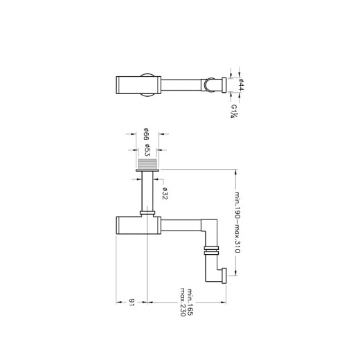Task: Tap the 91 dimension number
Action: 132,302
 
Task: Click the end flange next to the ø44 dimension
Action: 225,85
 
